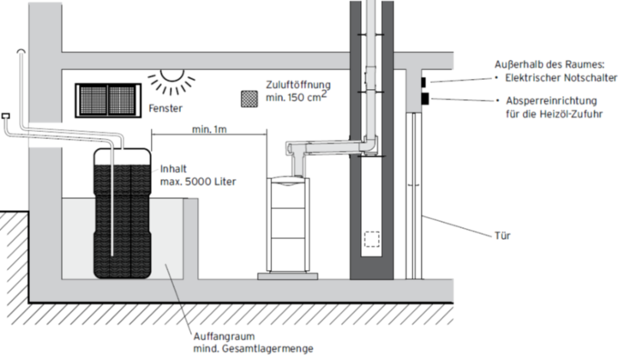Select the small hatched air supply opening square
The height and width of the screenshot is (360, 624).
point(249,99)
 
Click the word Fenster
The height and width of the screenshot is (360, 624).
point(164,110)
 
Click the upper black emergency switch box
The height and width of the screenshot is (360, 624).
point(423,83)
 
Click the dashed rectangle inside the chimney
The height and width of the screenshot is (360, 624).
point(373,239)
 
